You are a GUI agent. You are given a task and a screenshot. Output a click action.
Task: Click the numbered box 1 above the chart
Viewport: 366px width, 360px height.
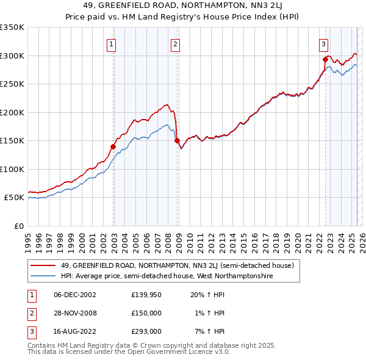pos(112,44)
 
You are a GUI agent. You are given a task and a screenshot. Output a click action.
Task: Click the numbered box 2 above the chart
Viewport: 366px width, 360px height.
pos(175,44)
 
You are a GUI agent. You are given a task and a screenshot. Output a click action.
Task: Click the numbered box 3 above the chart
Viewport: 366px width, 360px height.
pos(323,44)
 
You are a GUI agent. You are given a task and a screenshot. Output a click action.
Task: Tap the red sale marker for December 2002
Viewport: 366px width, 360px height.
pos(113,146)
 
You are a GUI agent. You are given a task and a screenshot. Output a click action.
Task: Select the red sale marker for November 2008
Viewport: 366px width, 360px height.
pos(177,141)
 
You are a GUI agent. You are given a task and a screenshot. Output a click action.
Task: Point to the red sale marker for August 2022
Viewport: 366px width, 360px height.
pos(325,60)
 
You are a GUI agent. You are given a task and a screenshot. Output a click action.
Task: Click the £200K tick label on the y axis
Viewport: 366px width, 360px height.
pos(12,112)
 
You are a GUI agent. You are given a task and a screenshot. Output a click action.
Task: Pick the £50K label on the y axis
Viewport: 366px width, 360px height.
pos(14,198)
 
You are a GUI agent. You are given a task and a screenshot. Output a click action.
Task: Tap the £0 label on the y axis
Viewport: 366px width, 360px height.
pos(19,226)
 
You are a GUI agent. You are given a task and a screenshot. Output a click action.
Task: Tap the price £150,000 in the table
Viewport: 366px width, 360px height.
pos(146,313)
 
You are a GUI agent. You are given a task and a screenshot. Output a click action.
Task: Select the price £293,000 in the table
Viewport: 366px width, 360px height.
pos(146,331)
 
